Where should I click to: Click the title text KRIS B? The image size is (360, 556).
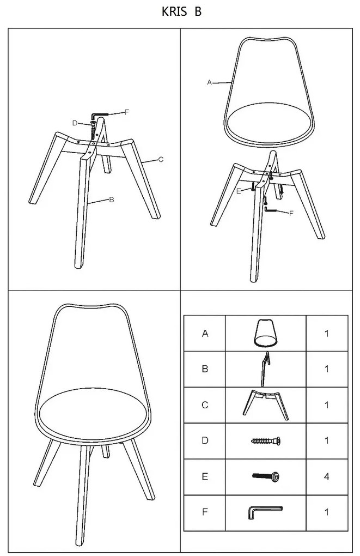pyautogui.click(x=181, y=11)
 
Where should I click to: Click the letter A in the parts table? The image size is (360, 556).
pyautogui.click(x=205, y=333)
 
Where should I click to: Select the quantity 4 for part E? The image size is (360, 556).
pyautogui.click(x=326, y=476)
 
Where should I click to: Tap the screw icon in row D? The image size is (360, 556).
pyautogui.click(x=266, y=441)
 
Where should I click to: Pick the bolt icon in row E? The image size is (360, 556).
pyautogui.click(x=266, y=476)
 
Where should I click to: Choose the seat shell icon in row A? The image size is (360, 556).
pyautogui.click(x=265, y=333)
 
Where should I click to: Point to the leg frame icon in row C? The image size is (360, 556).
pyautogui.click(x=266, y=405)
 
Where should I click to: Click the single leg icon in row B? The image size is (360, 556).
pyautogui.click(x=265, y=369)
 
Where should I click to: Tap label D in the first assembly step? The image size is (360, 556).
pyautogui.click(x=75, y=123)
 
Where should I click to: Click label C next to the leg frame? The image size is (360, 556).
pyautogui.click(x=161, y=160)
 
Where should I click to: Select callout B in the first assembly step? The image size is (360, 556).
pyautogui.click(x=111, y=200)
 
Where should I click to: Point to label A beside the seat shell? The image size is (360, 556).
pyautogui.click(x=209, y=82)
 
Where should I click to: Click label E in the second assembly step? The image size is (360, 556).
pyautogui.click(x=239, y=191)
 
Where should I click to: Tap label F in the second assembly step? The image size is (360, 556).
pyautogui.click(x=291, y=213)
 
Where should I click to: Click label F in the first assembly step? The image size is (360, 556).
pyautogui.click(x=126, y=112)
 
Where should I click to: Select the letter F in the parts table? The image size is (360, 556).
pyautogui.click(x=205, y=512)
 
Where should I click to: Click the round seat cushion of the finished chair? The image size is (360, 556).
pyautogui.click(x=92, y=412)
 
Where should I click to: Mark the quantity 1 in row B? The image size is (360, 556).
pyautogui.click(x=326, y=369)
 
